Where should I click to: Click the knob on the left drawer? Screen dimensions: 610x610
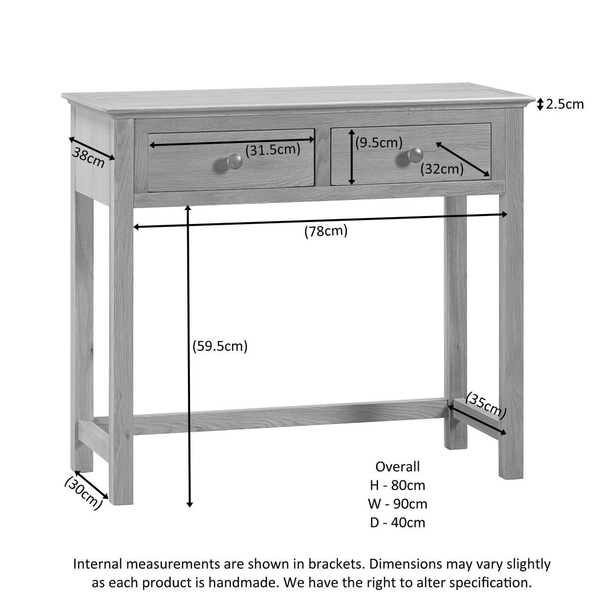[x=233, y=161]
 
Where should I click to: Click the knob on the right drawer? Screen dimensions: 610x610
[x=415, y=155]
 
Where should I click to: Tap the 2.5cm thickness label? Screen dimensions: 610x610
[x=565, y=104]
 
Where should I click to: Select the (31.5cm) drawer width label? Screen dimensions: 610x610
[x=272, y=149]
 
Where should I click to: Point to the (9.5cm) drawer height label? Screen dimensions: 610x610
[x=379, y=143]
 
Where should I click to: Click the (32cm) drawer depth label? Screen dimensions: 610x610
[x=442, y=169]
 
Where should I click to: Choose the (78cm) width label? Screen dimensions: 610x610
[x=326, y=231]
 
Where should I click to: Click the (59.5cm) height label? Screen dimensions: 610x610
[x=220, y=346]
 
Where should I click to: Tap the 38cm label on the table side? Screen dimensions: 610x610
[x=88, y=157]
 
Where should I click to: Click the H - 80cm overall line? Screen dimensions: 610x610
[x=397, y=485]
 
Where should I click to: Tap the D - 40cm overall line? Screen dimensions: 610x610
[x=397, y=523]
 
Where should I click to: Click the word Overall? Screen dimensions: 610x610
[x=397, y=466]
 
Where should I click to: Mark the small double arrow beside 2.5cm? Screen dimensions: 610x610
[x=540, y=105]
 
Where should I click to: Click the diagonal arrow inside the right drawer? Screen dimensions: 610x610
[x=462, y=160]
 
